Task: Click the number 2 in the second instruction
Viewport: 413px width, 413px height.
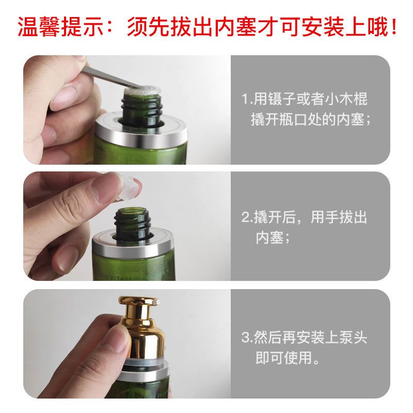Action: tap(245, 217)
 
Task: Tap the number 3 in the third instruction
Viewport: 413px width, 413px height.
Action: tap(245, 339)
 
